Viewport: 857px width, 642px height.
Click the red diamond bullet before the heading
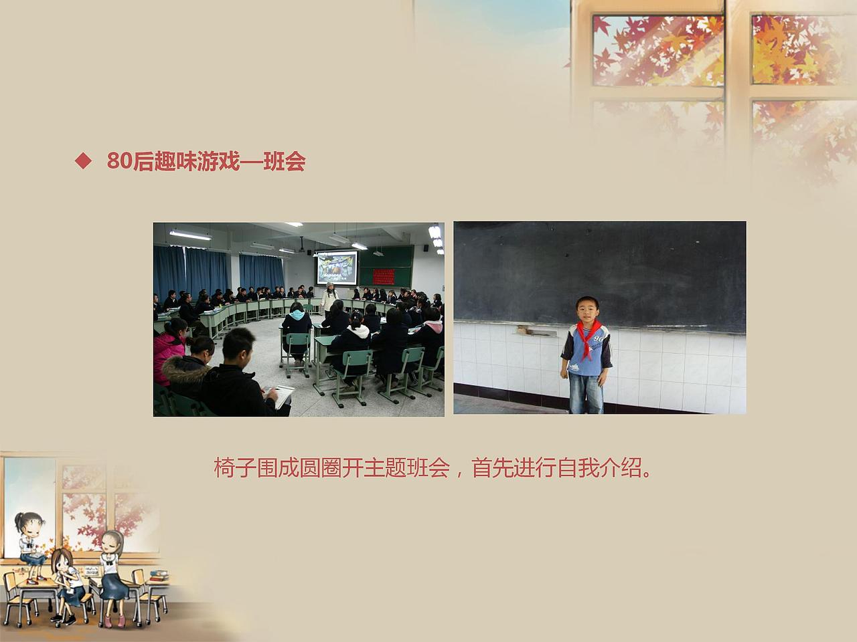(x=83, y=161)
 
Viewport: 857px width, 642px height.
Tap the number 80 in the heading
(x=119, y=162)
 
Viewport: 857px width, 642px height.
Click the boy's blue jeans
(x=586, y=391)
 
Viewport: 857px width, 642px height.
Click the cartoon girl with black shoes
(x=67, y=582)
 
